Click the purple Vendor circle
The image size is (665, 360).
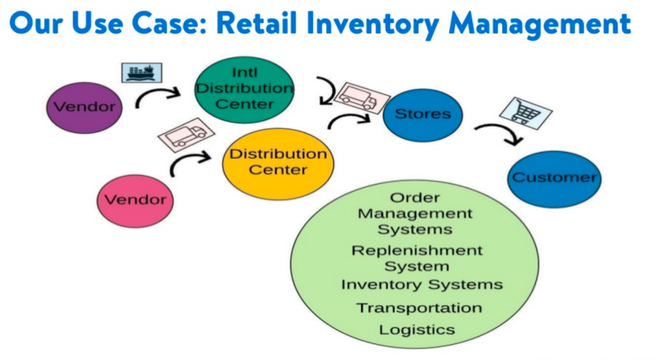[84, 107]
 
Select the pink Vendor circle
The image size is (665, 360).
[135, 200]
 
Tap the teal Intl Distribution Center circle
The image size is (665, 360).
[244, 89]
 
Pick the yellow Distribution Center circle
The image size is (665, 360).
[278, 162]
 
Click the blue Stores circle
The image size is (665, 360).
[422, 114]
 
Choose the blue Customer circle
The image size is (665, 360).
[554, 178]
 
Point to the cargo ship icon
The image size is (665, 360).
[142, 71]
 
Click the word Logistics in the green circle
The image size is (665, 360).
[417, 329]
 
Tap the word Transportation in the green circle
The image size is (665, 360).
[419, 307]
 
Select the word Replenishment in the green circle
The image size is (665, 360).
[417, 250]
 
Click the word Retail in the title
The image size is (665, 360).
[264, 23]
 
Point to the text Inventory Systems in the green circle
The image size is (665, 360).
[421, 285]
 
